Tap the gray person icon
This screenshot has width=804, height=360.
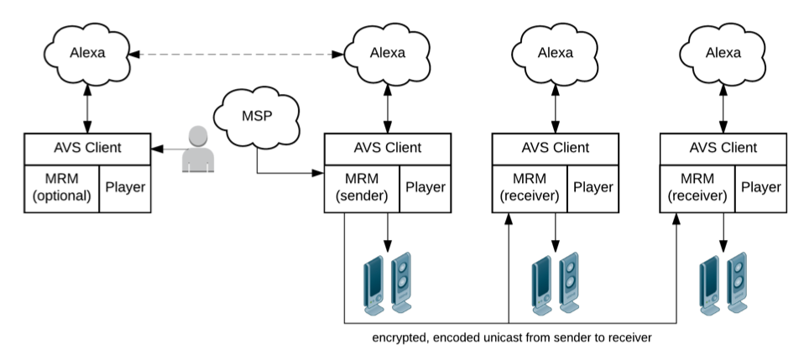pos(196,149)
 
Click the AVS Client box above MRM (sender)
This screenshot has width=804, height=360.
pos(386,149)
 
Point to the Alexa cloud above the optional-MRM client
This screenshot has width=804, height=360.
pos(86,53)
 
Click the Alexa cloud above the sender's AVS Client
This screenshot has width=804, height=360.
pos(387,53)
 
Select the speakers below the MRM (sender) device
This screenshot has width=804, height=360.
pos(387,281)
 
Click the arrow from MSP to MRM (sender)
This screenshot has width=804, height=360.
pos(285,174)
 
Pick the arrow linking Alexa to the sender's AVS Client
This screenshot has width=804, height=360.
pos(387,107)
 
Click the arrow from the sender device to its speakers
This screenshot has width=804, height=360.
pos(387,230)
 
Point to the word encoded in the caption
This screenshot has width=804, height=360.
pos(456,338)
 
